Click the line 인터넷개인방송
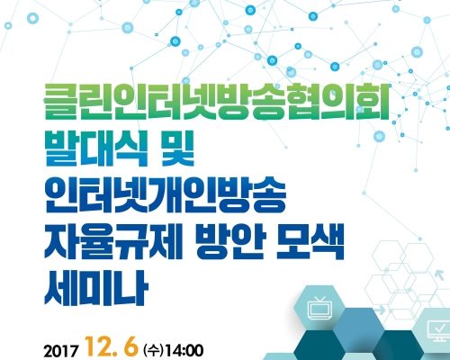(165, 195)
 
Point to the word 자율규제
(113, 242)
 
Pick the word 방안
(229, 242)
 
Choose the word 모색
(310, 242)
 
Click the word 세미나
(96, 288)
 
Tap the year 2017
(61, 351)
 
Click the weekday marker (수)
(153, 350)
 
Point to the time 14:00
(184, 351)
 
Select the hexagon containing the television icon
(320, 308)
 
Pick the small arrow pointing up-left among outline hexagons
(437, 274)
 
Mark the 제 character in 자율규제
(166, 242)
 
